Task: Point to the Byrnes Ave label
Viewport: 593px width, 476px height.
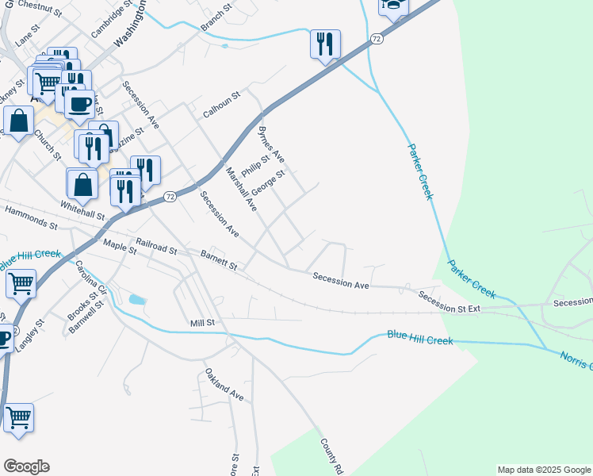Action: pyautogui.click(x=271, y=144)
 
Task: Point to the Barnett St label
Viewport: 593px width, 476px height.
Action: pyautogui.click(x=219, y=262)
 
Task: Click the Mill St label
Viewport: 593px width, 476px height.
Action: pyautogui.click(x=203, y=323)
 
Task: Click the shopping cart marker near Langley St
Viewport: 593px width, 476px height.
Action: pyautogui.click(x=20, y=282)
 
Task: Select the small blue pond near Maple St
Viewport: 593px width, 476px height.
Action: pyautogui.click(x=137, y=300)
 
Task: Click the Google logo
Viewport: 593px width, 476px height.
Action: pyautogui.click(x=26, y=466)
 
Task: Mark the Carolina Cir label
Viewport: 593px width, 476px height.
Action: pyautogui.click(x=90, y=274)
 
